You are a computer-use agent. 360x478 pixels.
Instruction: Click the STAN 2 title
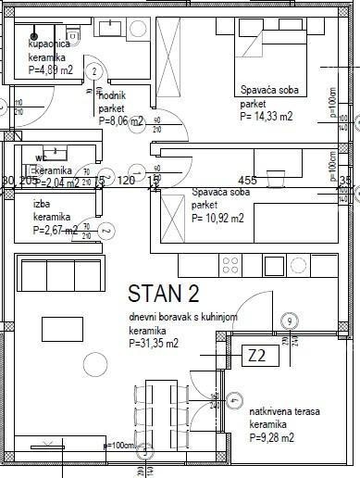(x=163, y=294)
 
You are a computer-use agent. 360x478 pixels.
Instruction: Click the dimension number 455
(x=247, y=180)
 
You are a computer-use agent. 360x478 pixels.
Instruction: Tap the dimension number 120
(x=127, y=180)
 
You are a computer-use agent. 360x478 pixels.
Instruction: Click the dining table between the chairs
(x=158, y=416)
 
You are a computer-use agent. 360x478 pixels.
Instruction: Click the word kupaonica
(x=47, y=44)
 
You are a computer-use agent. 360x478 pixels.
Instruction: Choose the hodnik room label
(x=112, y=96)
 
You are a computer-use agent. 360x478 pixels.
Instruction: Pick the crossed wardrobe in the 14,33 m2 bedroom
(x=171, y=56)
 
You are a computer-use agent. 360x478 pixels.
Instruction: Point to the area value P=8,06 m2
(x=121, y=120)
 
